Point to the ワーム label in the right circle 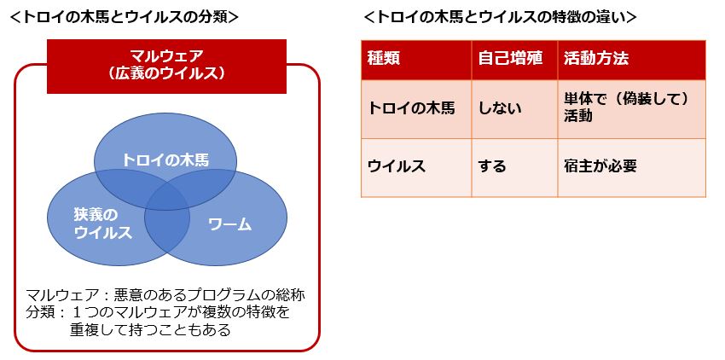[x=229, y=224]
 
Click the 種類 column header [x=384, y=60]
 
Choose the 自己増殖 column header [x=505, y=60]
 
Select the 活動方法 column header [x=597, y=60]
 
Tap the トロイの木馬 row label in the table [x=411, y=108]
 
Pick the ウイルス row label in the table [x=397, y=166]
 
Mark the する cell [x=492, y=166]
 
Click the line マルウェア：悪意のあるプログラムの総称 [x=165, y=295]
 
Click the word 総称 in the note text [x=289, y=295]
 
